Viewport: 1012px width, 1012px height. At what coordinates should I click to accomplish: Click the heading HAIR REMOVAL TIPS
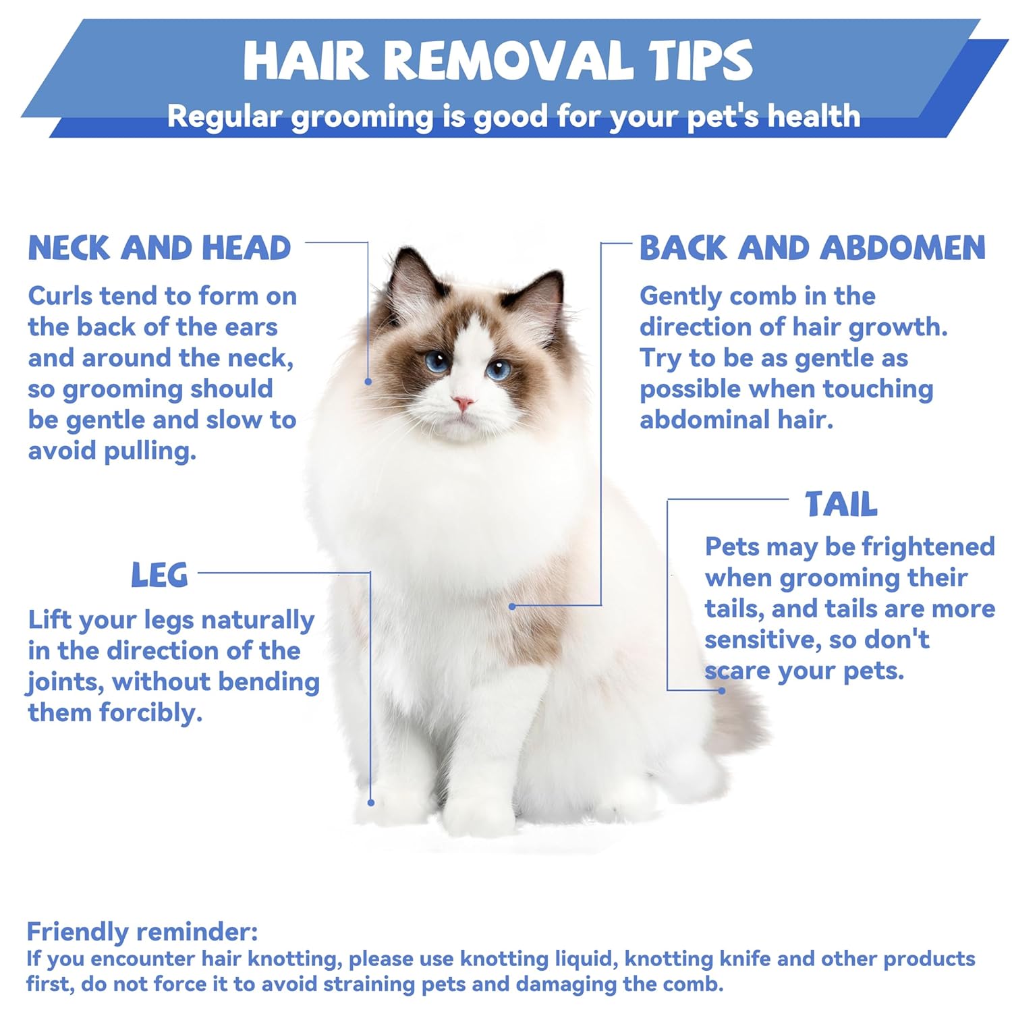click(498, 61)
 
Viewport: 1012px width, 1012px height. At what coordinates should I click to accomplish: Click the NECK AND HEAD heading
click(159, 248)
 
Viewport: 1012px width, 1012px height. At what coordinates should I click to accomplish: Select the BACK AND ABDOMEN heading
click(812, 248)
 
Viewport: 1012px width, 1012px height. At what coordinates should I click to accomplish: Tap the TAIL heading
click(841, 504)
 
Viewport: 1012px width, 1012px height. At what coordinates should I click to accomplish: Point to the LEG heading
click(159, 575)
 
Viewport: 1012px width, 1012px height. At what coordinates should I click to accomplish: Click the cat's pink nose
click(463, 403)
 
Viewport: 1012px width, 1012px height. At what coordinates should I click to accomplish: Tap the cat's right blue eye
click(499, 369)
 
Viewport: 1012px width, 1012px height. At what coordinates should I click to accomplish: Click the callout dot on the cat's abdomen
click(512, 607)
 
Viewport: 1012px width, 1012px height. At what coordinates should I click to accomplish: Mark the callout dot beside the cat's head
click(368, 382)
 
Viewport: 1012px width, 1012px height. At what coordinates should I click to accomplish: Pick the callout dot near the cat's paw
click(371, 803)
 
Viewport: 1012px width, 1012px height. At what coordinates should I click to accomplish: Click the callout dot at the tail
click(722, 690)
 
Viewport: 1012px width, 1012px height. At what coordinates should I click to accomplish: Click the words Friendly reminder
click(142, 932)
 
